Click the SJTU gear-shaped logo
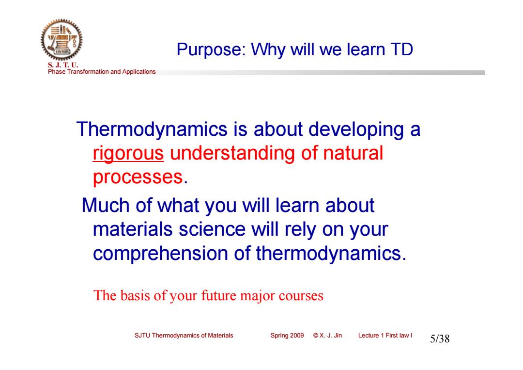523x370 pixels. click(62, 40)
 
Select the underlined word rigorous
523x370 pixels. click(128, 154)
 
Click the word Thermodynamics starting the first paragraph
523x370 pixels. click(152, 129)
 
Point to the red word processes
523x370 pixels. click(138, 177)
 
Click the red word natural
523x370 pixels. click(353, 153)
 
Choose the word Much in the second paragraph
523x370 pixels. click(106, 205)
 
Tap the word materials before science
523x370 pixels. click(132, 229)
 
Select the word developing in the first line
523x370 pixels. click(356, 129)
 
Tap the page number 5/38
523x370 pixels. click(440, 338)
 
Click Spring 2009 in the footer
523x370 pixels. click(287, 335)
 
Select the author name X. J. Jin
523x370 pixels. click(331, 335)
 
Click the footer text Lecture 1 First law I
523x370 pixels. click(385, 335)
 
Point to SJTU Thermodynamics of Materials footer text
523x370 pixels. click(184, 335)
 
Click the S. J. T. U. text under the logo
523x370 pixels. click(63, 65)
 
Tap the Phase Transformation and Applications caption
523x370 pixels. click(102, 71)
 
